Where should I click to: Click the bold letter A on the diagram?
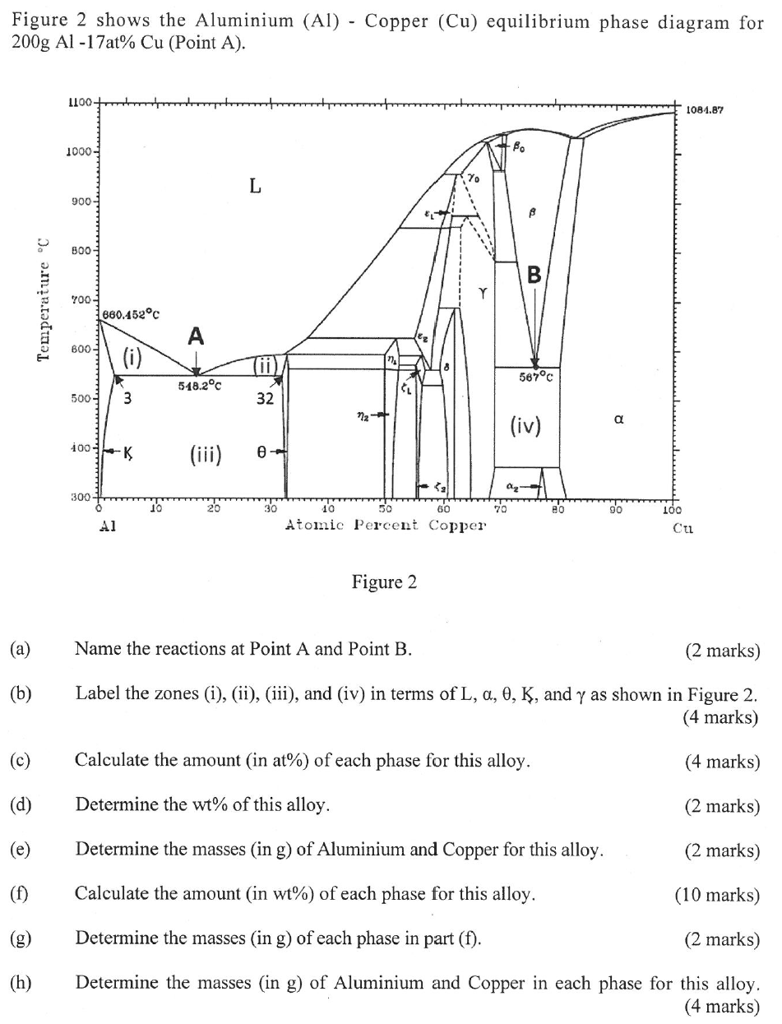(x=195, y=336)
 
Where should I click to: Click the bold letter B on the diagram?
(x=534, y=275)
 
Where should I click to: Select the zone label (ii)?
(x=265, y=365)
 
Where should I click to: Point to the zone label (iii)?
(x=204, y=453)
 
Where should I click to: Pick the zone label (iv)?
(x=525, y=425)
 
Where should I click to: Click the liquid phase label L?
(x=256, y=186)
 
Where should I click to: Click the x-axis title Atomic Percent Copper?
(x=385, y=525)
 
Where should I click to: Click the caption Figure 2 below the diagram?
(x=384, y=582)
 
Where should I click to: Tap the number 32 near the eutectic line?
(x=264, y=399)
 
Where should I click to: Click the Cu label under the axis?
(x=682, y=530)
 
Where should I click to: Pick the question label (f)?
(x=20, y=894)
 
